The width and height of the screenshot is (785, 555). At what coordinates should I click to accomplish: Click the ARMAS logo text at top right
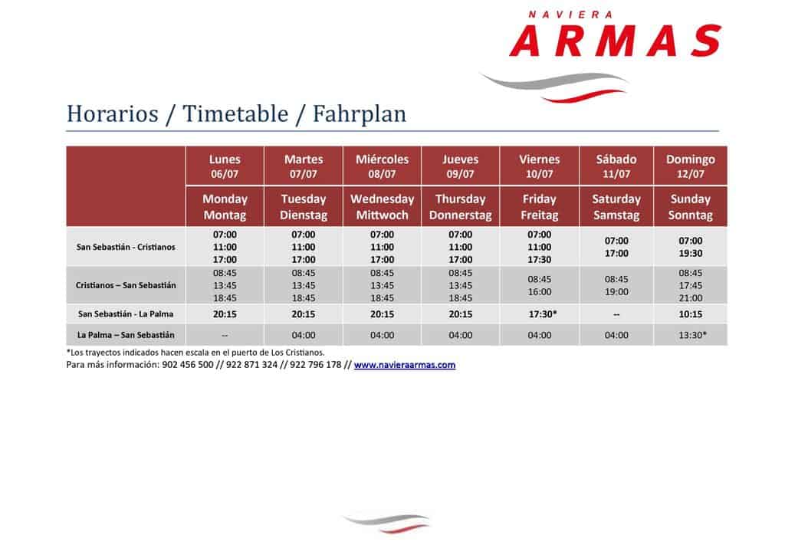616,41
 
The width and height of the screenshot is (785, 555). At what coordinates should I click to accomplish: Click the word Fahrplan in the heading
359,113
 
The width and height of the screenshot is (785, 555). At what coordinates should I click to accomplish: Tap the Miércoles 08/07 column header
382,166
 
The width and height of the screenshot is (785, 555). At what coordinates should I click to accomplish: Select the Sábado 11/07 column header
616,166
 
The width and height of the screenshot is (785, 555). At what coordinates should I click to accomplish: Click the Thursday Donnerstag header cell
460,207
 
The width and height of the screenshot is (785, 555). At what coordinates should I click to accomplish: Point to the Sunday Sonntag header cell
691,207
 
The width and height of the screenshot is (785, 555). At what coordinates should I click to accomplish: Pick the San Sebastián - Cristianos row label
126,248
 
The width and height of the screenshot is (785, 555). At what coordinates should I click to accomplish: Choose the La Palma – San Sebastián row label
126,335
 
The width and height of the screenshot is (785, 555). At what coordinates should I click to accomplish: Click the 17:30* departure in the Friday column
543,314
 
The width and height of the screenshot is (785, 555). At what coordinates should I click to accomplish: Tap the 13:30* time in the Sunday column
693,335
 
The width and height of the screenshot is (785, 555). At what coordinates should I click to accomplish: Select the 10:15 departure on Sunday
691,314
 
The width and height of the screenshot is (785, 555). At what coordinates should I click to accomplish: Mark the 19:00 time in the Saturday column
616,292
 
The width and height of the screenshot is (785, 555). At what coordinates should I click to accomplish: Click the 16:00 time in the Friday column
539,292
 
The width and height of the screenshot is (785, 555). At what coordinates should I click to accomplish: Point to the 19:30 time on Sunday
691,253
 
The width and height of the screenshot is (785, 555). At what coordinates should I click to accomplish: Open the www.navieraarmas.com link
405,365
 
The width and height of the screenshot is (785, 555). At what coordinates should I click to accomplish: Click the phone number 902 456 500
188,365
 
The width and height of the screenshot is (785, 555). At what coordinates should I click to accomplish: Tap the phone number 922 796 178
315,365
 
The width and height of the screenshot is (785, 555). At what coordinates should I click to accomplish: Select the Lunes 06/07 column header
225,166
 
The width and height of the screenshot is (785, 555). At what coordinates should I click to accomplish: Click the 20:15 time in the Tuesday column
304,314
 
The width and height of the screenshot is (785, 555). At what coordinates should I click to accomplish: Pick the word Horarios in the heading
112,113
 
